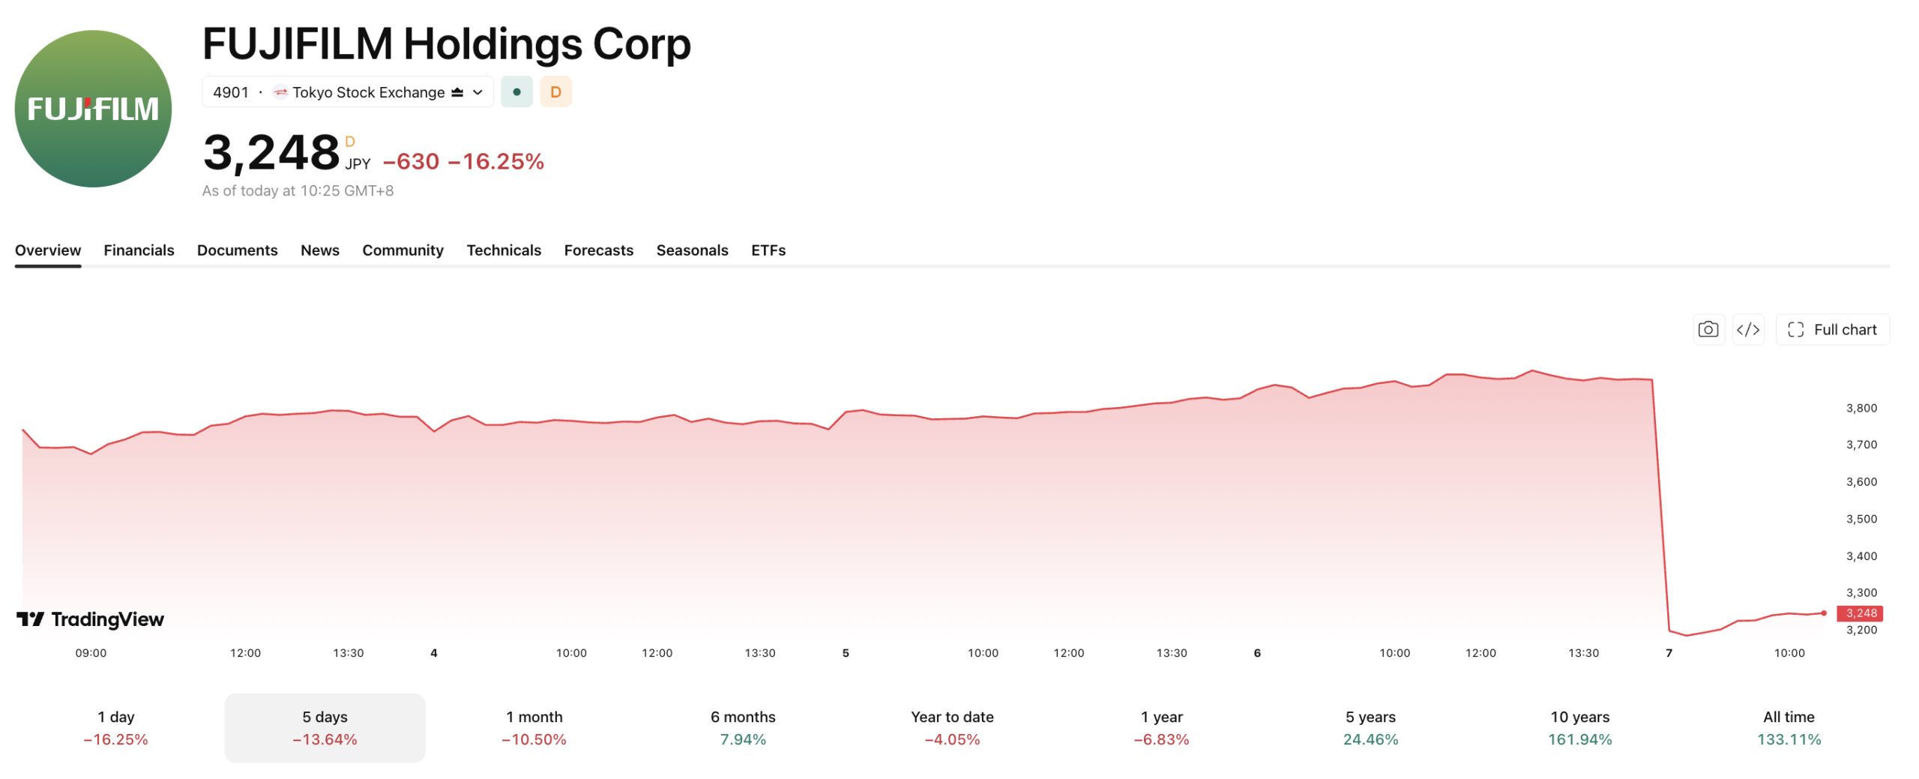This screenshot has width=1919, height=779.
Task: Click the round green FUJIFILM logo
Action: pos(93,109)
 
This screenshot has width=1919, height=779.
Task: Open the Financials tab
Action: pos(139,250)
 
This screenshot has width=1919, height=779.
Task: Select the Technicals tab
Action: pos(504,250)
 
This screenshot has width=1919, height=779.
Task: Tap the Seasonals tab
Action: pos(692,250)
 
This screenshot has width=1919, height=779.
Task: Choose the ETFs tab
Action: pos(768,250)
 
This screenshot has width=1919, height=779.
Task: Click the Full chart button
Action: pos(1833,330)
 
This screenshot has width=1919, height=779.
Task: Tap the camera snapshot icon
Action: pos(1708,330)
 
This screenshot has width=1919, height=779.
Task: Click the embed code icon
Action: pos(1748,330)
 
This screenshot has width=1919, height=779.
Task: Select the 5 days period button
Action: pos(325,728)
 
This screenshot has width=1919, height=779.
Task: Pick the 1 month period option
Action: pos(534,728)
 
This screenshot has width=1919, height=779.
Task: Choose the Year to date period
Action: pos(952,728)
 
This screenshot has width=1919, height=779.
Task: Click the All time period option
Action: pos(1789,728)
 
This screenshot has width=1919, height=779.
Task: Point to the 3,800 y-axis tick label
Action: pos(1861,409)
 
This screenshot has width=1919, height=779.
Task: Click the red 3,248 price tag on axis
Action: pos(1860,613)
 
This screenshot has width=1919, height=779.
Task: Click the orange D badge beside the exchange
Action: pos(555,92)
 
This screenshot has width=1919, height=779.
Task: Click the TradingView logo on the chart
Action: pos(90,619)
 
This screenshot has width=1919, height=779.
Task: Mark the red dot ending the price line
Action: pos(1824,613)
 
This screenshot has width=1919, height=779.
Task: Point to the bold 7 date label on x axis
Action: pos(1669,653)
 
